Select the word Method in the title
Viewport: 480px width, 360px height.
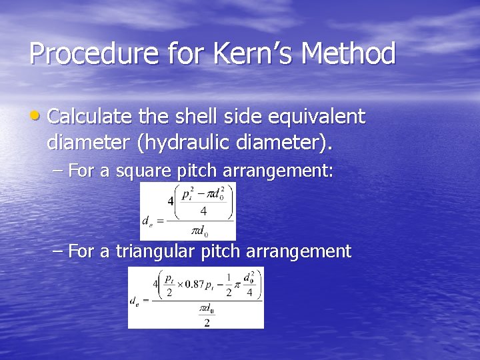pos(349,53)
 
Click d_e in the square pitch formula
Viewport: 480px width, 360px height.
pos(147,219)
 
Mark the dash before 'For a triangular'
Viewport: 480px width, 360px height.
pos(58,251)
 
